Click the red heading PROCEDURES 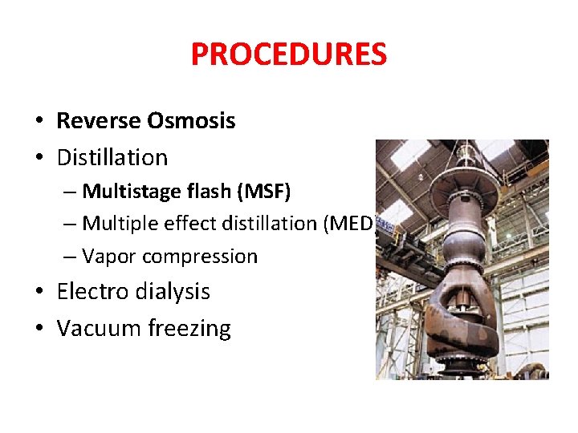tap(289, 55)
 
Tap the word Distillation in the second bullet tap(112, 157)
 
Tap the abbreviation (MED tap(347, 224)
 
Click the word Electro tap(88, 292)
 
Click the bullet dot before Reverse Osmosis tap(39, 122)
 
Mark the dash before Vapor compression tap(71, 257)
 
